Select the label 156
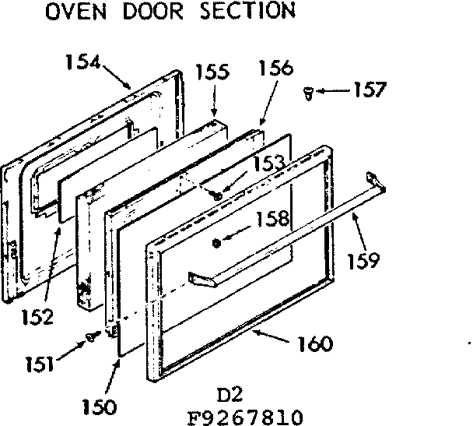[x=276, y=68]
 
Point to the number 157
[x=368, y=90]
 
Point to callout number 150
[x=99, y=406]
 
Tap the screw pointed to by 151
[x=89, y=336]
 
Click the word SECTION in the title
[x=247, y=11]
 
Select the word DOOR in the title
[x=155, y=12]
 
